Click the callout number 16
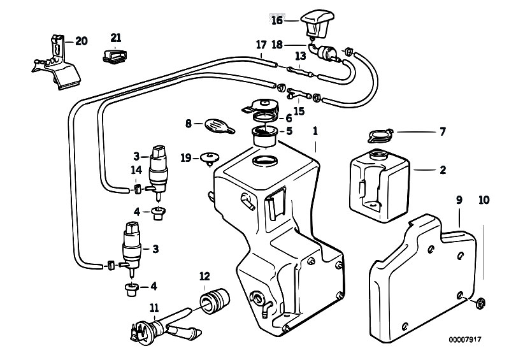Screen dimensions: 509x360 pyautogui.click(x=277, y=20)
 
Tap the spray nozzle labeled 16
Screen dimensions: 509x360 pyautogui.click(x=317, y=24)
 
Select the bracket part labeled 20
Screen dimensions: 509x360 pyautogui.click(x=57, y=63)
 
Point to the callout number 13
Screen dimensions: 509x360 pyautogui.click(x=301, y=56)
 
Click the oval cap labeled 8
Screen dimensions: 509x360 pyautogui.click(x=219, y=126)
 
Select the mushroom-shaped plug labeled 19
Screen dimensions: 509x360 pyautogui.click(x=210, y=159)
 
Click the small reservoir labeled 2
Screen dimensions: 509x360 pyautogui.click(x=380, y=185)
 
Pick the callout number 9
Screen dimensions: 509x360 pyautogui.click(x=459, y=200)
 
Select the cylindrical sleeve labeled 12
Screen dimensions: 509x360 pyautogui.click(x=214, y=301)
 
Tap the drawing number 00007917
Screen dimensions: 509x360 pyautogui.click(x=465, y=340)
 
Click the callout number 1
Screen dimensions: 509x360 pyautogui.click(x=315, y=131)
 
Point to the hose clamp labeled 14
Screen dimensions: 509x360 pyautogui.click(x=138, y=188)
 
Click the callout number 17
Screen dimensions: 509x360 pyautogui.click(x=261, y=45)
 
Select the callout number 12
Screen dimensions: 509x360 pyautogui.click(x=204, y=277)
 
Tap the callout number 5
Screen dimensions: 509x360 pyautogui.click(x=289, y=131)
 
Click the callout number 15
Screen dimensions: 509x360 pyautogui.click(x=299, y=111)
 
